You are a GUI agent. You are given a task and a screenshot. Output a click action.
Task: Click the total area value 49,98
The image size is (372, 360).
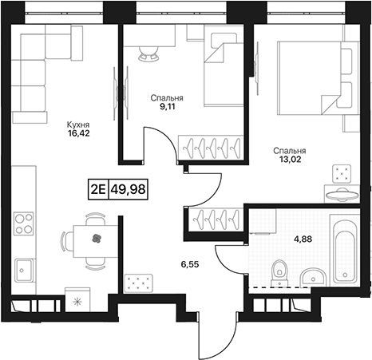(x=129, y=189)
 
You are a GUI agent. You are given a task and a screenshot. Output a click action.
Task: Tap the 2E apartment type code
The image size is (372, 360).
(x=98, y=189)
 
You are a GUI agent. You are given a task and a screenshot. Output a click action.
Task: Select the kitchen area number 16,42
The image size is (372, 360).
(x=78, y=133)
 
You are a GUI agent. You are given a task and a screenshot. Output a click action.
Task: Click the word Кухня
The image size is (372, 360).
(x=78, y=125)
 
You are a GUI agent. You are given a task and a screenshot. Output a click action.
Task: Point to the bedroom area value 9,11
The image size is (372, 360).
(x=167, y=107)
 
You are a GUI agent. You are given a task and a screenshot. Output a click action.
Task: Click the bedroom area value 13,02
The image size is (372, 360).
(x=290, y=160)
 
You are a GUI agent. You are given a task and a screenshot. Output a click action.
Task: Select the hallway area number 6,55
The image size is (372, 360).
(x=191, y=264)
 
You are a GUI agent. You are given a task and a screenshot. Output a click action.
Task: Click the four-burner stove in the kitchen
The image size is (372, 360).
(x=24, y=224)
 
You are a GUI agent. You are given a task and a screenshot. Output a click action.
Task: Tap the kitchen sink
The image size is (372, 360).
(x=24, y=271)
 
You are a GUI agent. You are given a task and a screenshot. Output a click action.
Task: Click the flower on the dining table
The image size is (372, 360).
(x=97, y=239)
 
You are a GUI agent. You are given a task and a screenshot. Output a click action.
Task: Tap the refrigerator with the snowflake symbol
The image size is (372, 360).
(x=77, y=299)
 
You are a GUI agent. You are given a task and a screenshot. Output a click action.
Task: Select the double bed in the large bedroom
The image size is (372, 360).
(x=315, y=78)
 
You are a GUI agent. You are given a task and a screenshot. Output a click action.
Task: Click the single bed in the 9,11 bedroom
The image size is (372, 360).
(x=224, y=69)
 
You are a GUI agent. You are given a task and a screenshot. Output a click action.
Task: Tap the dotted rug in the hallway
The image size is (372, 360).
(x=138, y=283)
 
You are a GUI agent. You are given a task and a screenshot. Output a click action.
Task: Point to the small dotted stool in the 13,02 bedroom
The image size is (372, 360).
(x=341, y=174)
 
